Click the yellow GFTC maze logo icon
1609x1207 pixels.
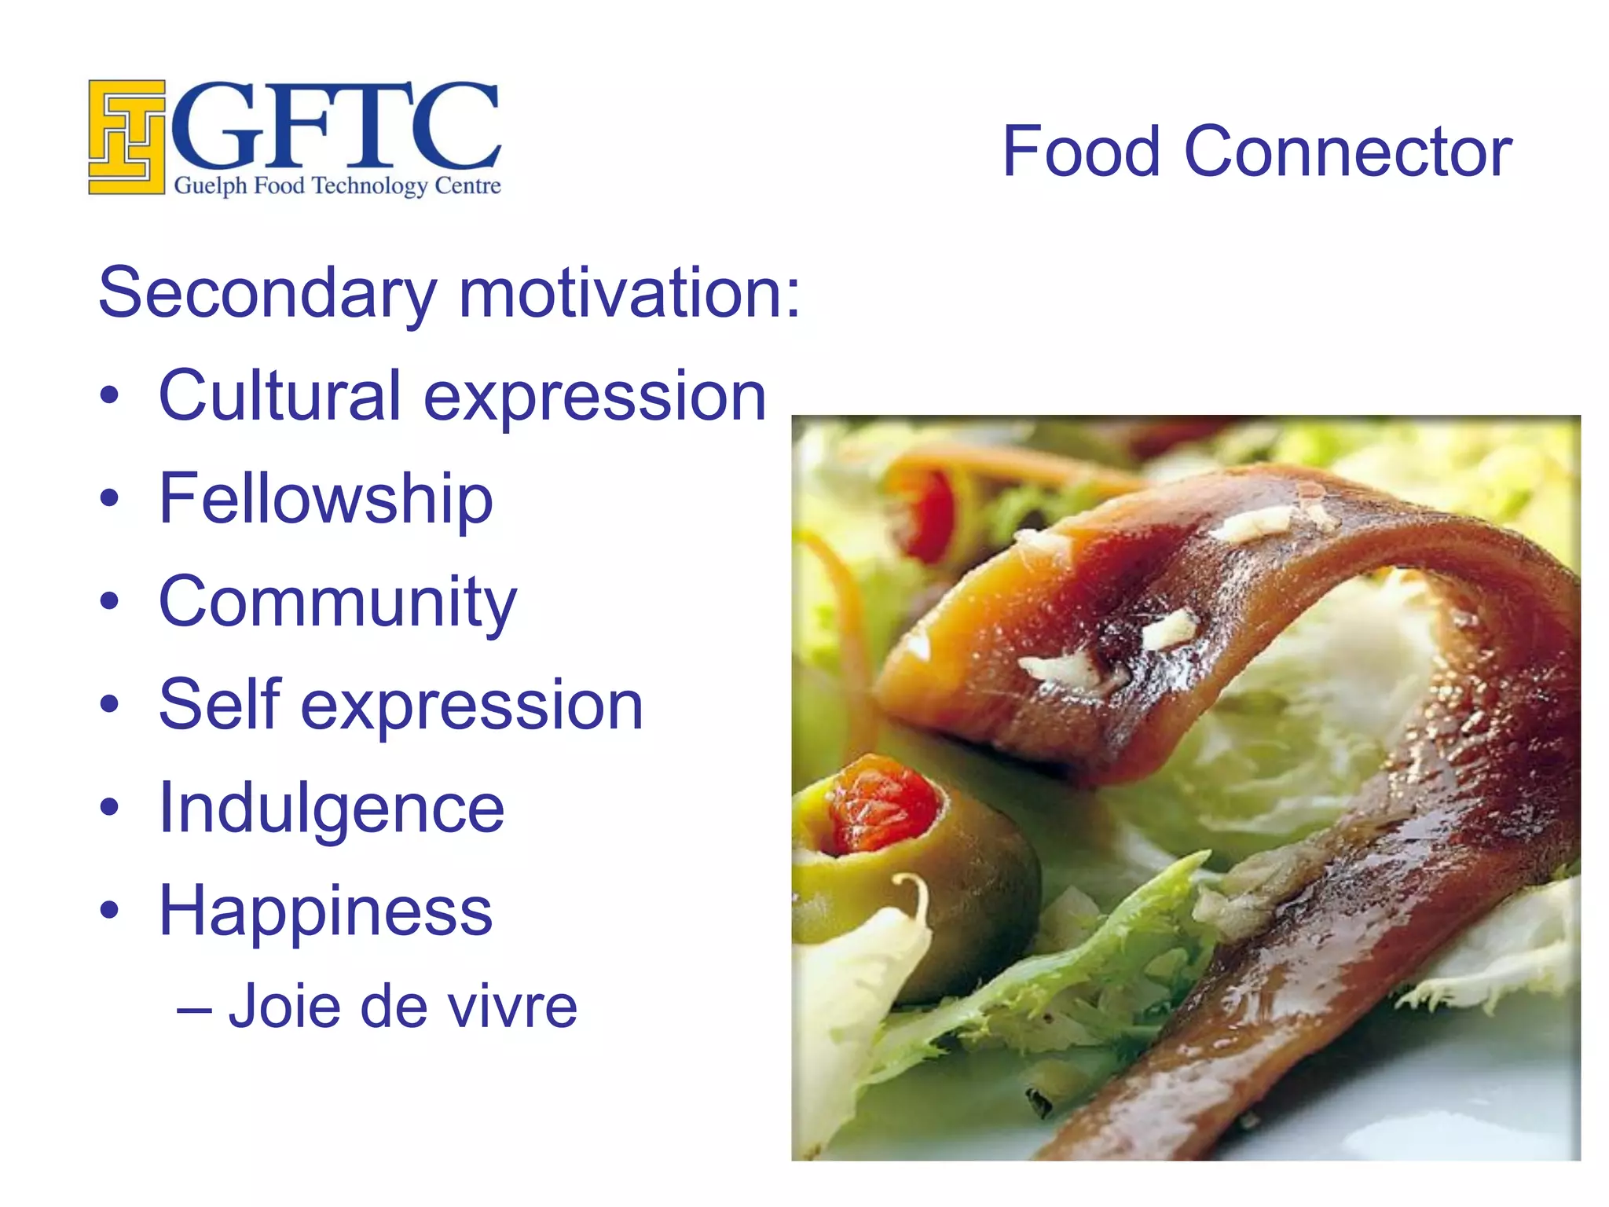(126, 137)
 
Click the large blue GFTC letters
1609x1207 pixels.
(336, 126)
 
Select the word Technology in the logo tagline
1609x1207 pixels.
(369, 186)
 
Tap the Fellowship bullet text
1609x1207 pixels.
(325, 498)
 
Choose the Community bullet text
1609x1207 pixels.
(338, 602)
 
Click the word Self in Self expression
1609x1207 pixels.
(219, 704)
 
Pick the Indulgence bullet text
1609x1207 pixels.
(331, 808)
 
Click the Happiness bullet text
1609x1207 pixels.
(325, 911)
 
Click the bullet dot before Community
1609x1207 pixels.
(110, 602)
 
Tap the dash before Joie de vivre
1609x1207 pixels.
(193, 1008)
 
